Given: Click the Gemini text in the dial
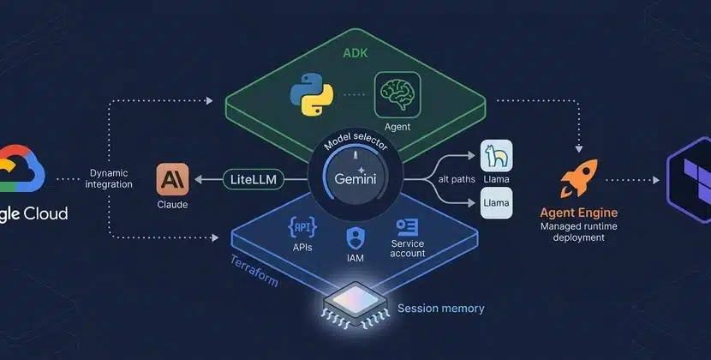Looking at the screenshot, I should [x=355, y=180].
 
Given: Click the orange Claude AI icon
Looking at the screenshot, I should [x=173, y=180].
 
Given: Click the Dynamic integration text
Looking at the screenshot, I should [x=109, y=178].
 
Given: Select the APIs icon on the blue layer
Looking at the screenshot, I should [x=302, y=227].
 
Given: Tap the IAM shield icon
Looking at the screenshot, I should [x=355, y=235].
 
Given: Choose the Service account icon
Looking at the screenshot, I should [x=405, y=227].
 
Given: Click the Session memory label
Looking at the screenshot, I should [x=441, y=308].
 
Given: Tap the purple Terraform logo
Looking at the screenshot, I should [x=689, y=180].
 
